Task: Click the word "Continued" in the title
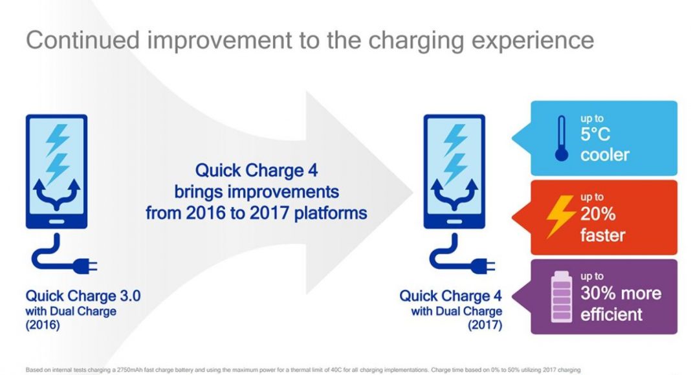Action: coord(83,40)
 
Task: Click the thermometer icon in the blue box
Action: coord(562,138)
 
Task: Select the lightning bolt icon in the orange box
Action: coord(560,217)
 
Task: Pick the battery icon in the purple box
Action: coord(562,297)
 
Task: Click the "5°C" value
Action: coord(595,134)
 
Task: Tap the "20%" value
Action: coord(598,214)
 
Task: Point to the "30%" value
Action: coord(598,293)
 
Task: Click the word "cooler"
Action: coord(604,155)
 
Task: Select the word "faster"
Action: coord(602,235)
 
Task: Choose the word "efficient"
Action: coord(611,314)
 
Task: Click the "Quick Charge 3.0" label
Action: coord(83,295)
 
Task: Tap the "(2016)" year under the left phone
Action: coord(43,325)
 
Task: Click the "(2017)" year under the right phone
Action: coord(485,325)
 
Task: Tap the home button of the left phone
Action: coord(56,221)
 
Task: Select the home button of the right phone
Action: coord(454,221)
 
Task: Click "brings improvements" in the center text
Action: coord(256,192)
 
